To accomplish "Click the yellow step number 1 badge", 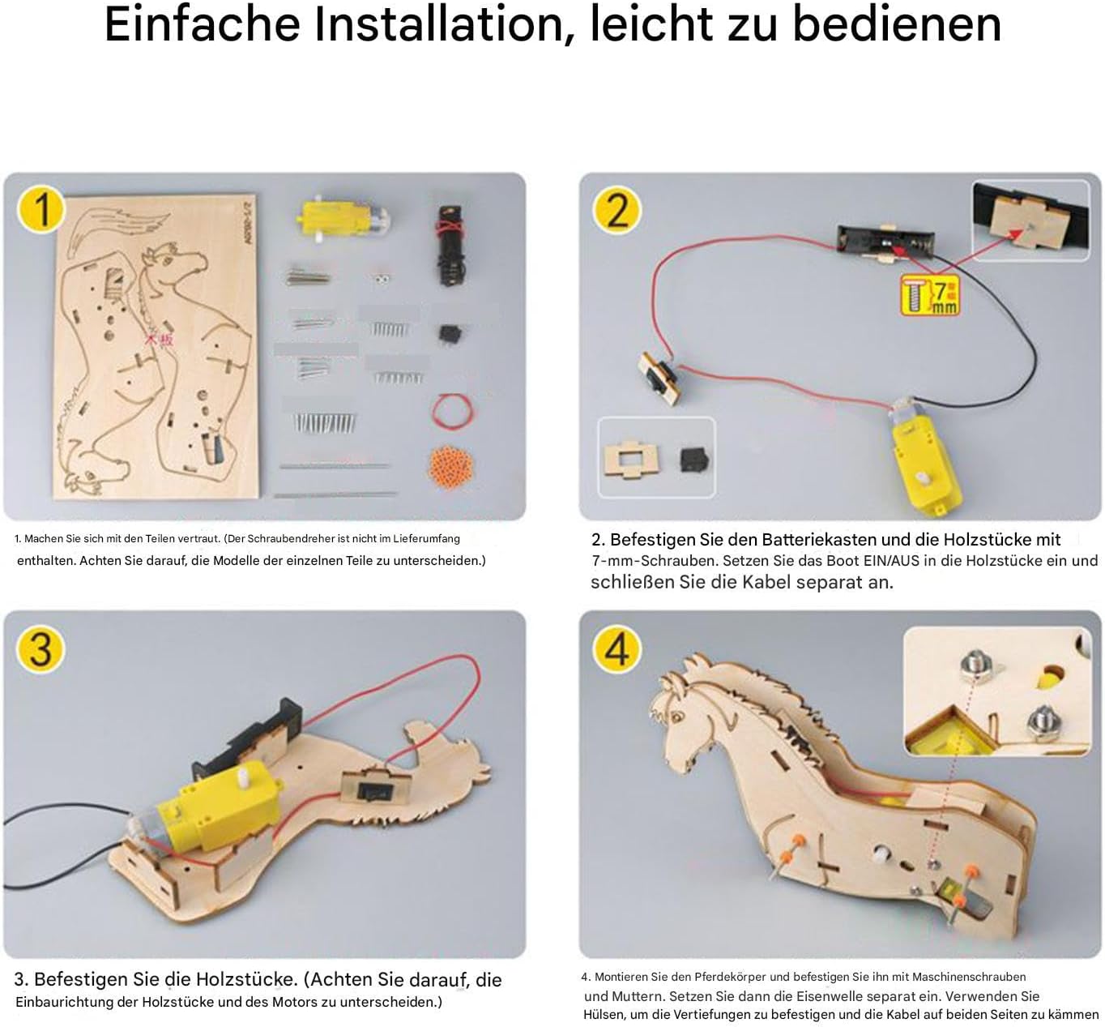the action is coord(41,209).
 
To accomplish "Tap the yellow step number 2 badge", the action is coord(617,211).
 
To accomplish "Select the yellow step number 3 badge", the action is coord(41,649).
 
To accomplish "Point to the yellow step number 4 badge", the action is coord(617,649).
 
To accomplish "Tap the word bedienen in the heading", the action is coord(896,25).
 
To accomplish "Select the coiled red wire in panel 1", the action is coord(453,412).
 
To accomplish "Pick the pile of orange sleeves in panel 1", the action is coord(451,467).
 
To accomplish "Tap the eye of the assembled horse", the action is coord(678,718).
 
